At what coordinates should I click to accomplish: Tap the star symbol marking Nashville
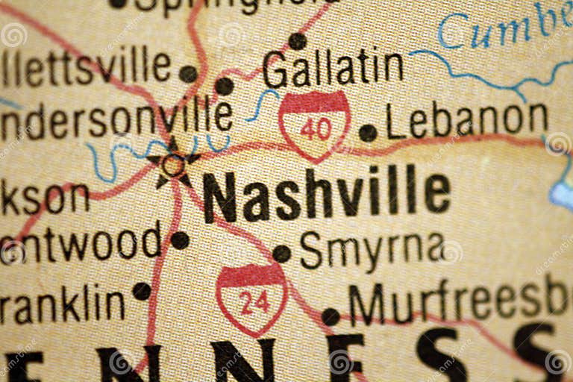point(173,163)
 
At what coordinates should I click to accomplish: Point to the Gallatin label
point(333,69)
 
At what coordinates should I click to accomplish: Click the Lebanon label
point(467,119)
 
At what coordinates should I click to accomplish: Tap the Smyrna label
point(371,251)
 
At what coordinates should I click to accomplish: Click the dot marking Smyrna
point(281,254)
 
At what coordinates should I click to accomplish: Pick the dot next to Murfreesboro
point(331,317)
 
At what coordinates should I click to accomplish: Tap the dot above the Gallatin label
point(298,41)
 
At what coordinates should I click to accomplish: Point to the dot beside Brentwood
point(180,240)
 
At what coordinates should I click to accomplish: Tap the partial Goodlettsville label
point(86,67)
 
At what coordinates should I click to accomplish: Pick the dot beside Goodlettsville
point(189,74)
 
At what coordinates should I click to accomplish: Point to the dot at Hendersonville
point(224,87)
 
